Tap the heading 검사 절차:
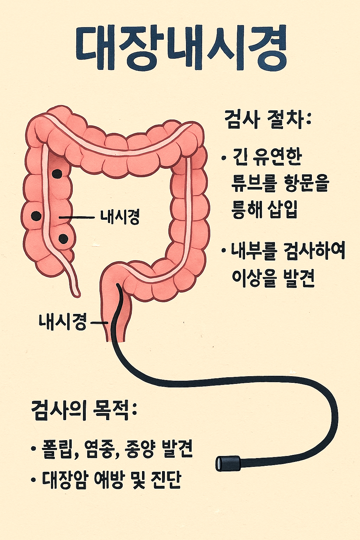coord(268,120)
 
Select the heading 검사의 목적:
coord(84,410)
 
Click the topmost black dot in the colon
coord(57,173)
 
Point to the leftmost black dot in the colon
coord(36,216)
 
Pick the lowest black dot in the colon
coord(63,239)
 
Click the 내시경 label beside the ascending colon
coord(120,217)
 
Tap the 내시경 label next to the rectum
coord(63,322)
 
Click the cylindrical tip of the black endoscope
coord(228,463)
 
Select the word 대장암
coord(64,479)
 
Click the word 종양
coord(140,449)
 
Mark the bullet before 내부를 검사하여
coord(224,251)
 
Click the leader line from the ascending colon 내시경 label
coord(77,218)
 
